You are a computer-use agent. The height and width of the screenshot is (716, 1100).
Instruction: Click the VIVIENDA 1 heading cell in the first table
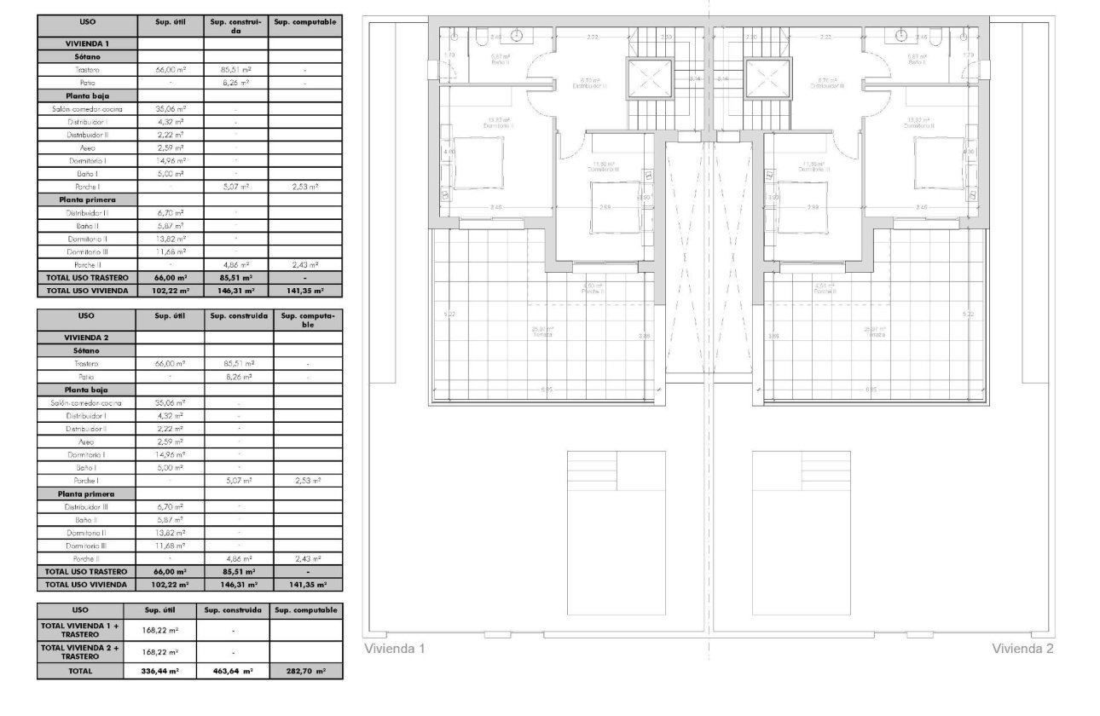[87, 42]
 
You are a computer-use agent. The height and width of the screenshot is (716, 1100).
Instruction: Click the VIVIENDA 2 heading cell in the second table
[87, 337]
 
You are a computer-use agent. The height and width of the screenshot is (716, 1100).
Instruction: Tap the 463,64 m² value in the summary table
[232, 671]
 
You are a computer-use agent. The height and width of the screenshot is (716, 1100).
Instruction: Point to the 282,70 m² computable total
[306, 671]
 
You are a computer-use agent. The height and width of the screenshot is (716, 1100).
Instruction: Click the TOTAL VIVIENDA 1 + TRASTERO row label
[80, 630]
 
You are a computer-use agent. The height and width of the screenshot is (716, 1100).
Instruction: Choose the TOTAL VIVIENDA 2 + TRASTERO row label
[80, 651]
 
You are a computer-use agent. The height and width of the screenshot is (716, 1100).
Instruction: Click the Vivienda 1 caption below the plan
[394, 649]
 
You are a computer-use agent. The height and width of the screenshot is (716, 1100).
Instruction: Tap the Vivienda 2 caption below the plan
[1022, 649]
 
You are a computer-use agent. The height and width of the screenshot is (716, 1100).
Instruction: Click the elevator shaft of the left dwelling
[651, 80]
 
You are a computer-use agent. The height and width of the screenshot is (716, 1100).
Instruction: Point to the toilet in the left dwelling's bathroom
[483, 36]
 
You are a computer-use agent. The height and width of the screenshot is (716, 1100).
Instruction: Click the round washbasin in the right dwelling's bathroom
[901, 35]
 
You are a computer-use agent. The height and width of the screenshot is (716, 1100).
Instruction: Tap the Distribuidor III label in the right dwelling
[828, 85]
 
